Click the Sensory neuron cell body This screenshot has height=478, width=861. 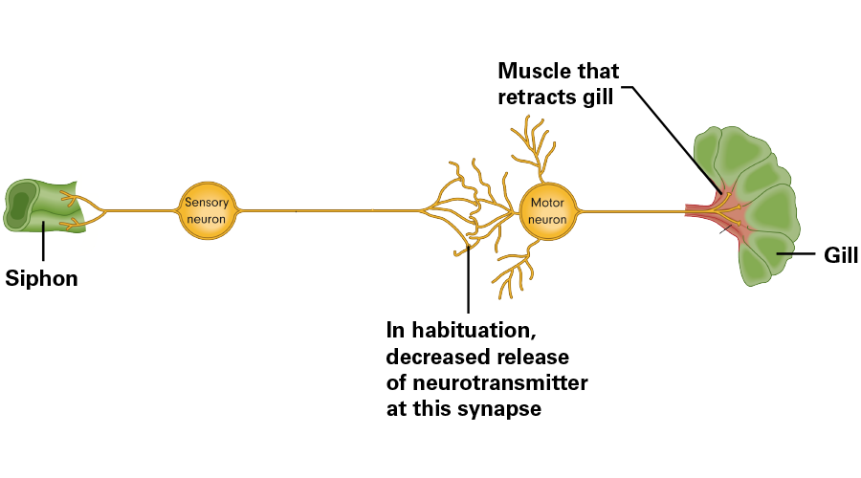[207, 210]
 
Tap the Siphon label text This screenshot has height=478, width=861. [41, 279]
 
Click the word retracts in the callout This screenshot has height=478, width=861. [536, 97]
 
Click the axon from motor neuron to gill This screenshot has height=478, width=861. [631, 210]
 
